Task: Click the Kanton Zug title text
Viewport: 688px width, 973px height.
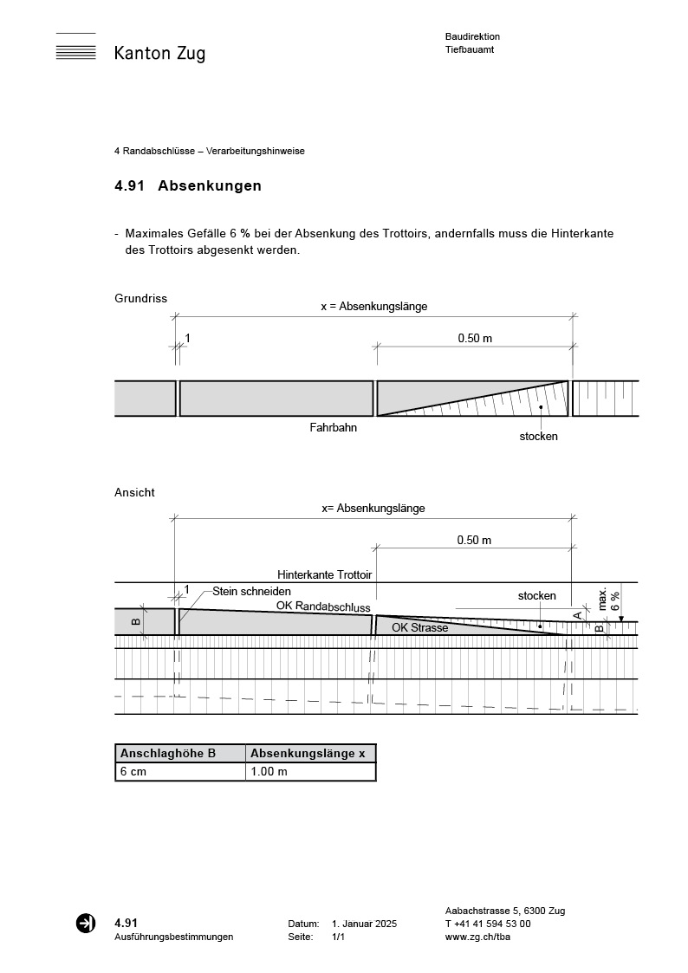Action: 159,54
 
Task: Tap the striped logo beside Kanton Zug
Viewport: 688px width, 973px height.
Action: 75,47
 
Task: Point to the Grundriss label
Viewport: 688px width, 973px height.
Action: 140,298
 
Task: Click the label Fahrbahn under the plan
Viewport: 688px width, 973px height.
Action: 334,427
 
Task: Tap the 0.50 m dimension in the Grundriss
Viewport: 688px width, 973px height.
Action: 475,338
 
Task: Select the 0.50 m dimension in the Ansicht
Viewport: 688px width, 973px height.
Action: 474,540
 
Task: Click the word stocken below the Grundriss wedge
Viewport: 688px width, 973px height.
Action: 538,436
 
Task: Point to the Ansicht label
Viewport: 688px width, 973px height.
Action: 134,492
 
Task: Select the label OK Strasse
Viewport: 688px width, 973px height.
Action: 419,627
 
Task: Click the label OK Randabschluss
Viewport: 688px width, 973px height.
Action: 322,607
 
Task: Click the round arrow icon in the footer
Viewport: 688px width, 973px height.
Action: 86,924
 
